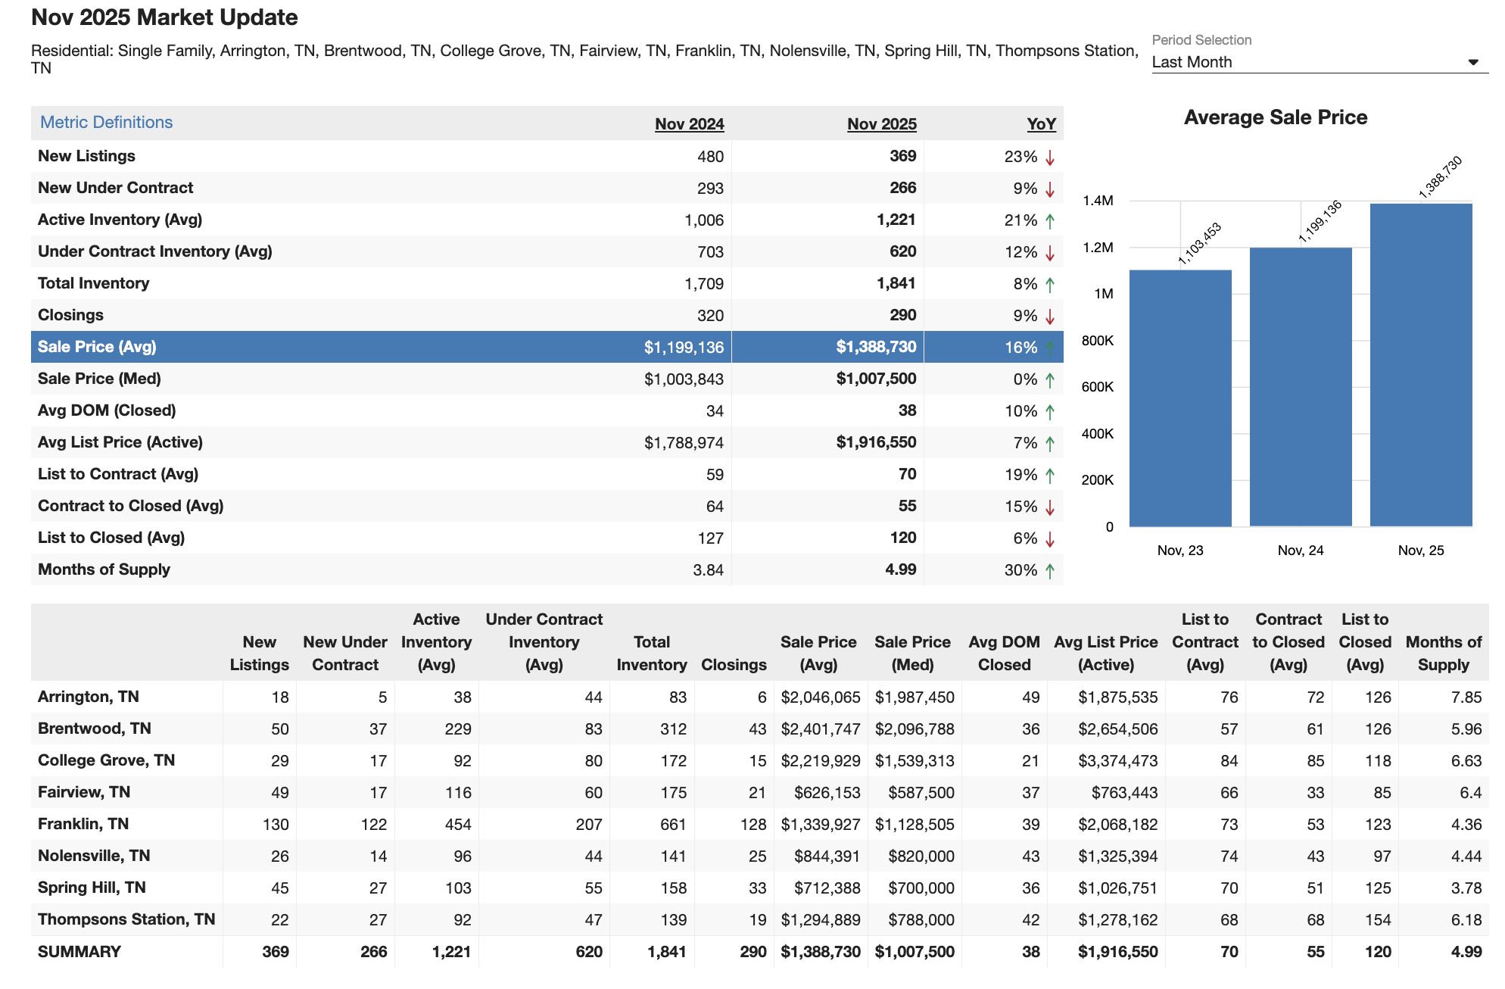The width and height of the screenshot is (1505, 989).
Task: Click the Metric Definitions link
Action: click(106, 123)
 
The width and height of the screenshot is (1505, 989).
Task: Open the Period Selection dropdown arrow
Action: click(1472, 62)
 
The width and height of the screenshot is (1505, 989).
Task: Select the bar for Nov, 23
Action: click(1179, 398)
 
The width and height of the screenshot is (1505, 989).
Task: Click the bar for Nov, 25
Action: click(1420, 364)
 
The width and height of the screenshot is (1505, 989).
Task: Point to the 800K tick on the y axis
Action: click(1097, 341)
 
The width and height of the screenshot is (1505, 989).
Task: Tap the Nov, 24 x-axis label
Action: click(1300, 551)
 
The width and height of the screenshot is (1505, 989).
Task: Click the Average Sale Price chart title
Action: click(1275, 117)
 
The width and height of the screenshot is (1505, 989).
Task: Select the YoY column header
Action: click(1041, 124)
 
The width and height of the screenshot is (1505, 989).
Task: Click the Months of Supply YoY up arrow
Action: click(1050, 571)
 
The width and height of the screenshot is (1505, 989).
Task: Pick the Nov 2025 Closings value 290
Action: click(902, 315)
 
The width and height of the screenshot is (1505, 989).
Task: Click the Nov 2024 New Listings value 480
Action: click(710, 157)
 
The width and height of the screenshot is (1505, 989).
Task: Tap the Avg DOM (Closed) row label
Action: click(107, 410)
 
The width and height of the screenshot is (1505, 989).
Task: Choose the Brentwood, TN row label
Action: click(95, 728)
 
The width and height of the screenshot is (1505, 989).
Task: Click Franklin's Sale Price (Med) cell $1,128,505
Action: click(914, 825)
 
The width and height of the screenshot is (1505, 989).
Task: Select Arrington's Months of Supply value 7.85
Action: click(1466, 697)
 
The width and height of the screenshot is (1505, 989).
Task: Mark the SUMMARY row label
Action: click(79, 952)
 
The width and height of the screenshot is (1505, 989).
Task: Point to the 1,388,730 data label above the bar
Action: click(1439, 177)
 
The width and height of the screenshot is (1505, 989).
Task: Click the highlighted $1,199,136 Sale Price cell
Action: click(684, 348)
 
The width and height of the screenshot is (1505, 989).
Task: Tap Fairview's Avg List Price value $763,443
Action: click(1124, 793)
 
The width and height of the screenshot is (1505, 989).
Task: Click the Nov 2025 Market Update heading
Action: click(164, 17)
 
